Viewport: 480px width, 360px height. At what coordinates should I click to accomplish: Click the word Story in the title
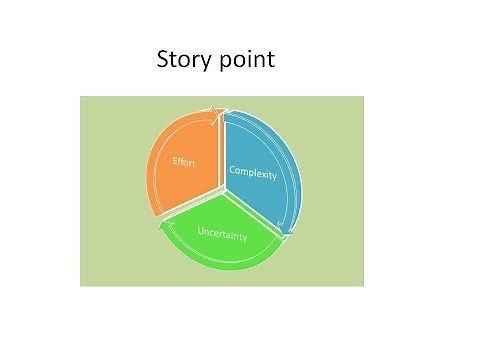pos(183,60)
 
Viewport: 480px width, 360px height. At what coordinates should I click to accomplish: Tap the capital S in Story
pos(164,60)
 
